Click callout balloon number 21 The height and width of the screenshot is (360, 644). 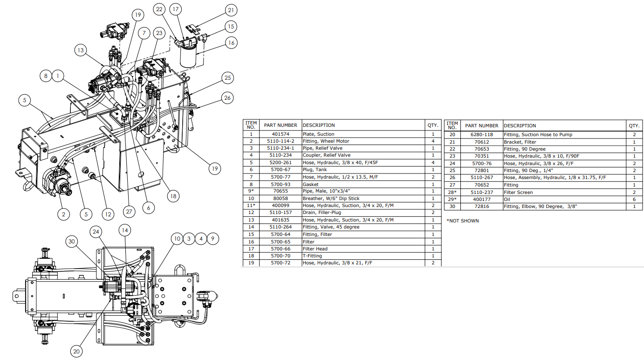(x=231, y=10)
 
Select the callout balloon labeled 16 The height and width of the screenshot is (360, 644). (x=231, y=43)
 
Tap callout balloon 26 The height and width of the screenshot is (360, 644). (x=227, y=97)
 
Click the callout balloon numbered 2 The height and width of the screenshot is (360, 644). (x=64, y=214)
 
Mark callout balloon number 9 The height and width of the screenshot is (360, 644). (x=212, y=238)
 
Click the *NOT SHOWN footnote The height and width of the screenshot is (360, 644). (x=462, y=221)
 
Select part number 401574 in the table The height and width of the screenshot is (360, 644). (x=280, y=134)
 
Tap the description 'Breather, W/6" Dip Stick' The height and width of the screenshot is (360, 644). (x=331, y=198)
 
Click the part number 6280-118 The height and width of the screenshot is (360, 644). (x=481, y=135)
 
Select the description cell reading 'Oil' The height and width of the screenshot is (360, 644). (x=507, y=199)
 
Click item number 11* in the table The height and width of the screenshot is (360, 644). (x=251, y=206)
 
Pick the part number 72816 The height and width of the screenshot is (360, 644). (x=481, y=207)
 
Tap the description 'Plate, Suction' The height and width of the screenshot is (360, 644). (x=319, y=134)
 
